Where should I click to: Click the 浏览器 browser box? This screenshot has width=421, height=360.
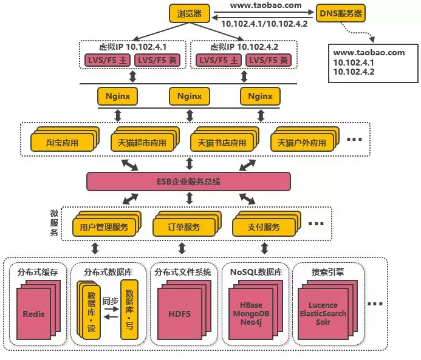pyautogui.click(x=189, y=12)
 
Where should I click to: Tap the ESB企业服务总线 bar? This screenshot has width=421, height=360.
pyautogui.click(x=188, y=181)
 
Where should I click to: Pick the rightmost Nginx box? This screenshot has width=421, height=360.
pyautogui.click(x=260, y=96)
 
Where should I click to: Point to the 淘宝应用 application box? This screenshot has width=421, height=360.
pyautogui.click(x=63, y=143)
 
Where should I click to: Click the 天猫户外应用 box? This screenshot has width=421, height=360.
pyautogui.click(x=301, y=143)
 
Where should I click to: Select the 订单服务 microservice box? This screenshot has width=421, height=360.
pyautogui.click(x=184, y=227)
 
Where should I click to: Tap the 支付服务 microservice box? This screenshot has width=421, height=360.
pyautogui.click(x=264, y=227)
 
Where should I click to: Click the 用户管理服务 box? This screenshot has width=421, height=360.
pyautogui.click(x=104, y=227)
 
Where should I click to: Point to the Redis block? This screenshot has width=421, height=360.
pyautogui.click(x=33, y=314)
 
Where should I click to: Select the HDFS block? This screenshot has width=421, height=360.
pyautogui.click(x=179, y=314)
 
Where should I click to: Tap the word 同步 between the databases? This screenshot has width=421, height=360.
pyautogui.click(x=110, y=301)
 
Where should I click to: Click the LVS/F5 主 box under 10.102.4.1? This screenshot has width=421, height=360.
pyautogui.click(x=106, y=59)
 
